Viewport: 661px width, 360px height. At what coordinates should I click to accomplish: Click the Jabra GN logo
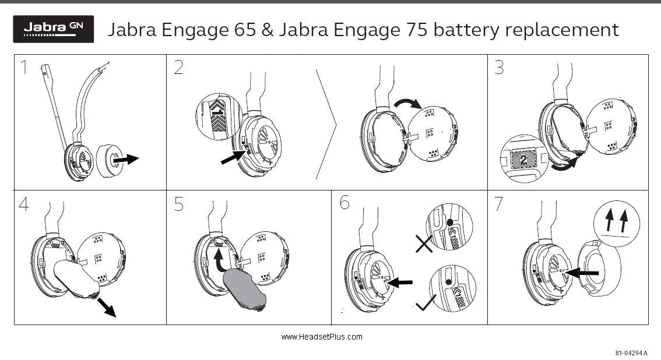tap(53, 29)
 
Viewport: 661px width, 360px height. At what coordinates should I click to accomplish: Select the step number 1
tap(24, 68)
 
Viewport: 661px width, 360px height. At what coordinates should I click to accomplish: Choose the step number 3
tap(499, 68)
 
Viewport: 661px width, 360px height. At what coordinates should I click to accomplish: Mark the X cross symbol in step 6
tap(424, 243)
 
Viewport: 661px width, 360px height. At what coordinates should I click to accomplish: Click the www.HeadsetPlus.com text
tap(321, 337)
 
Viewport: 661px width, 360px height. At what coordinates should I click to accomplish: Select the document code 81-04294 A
tap(631, 353)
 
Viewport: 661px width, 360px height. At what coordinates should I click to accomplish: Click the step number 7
tap(498, 203)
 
